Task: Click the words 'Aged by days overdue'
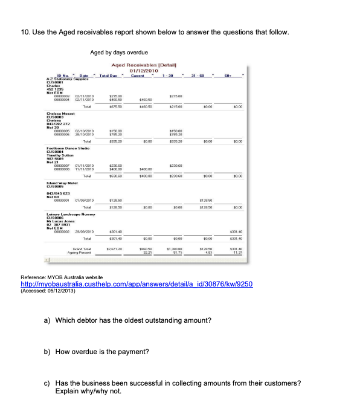(119, 53)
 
